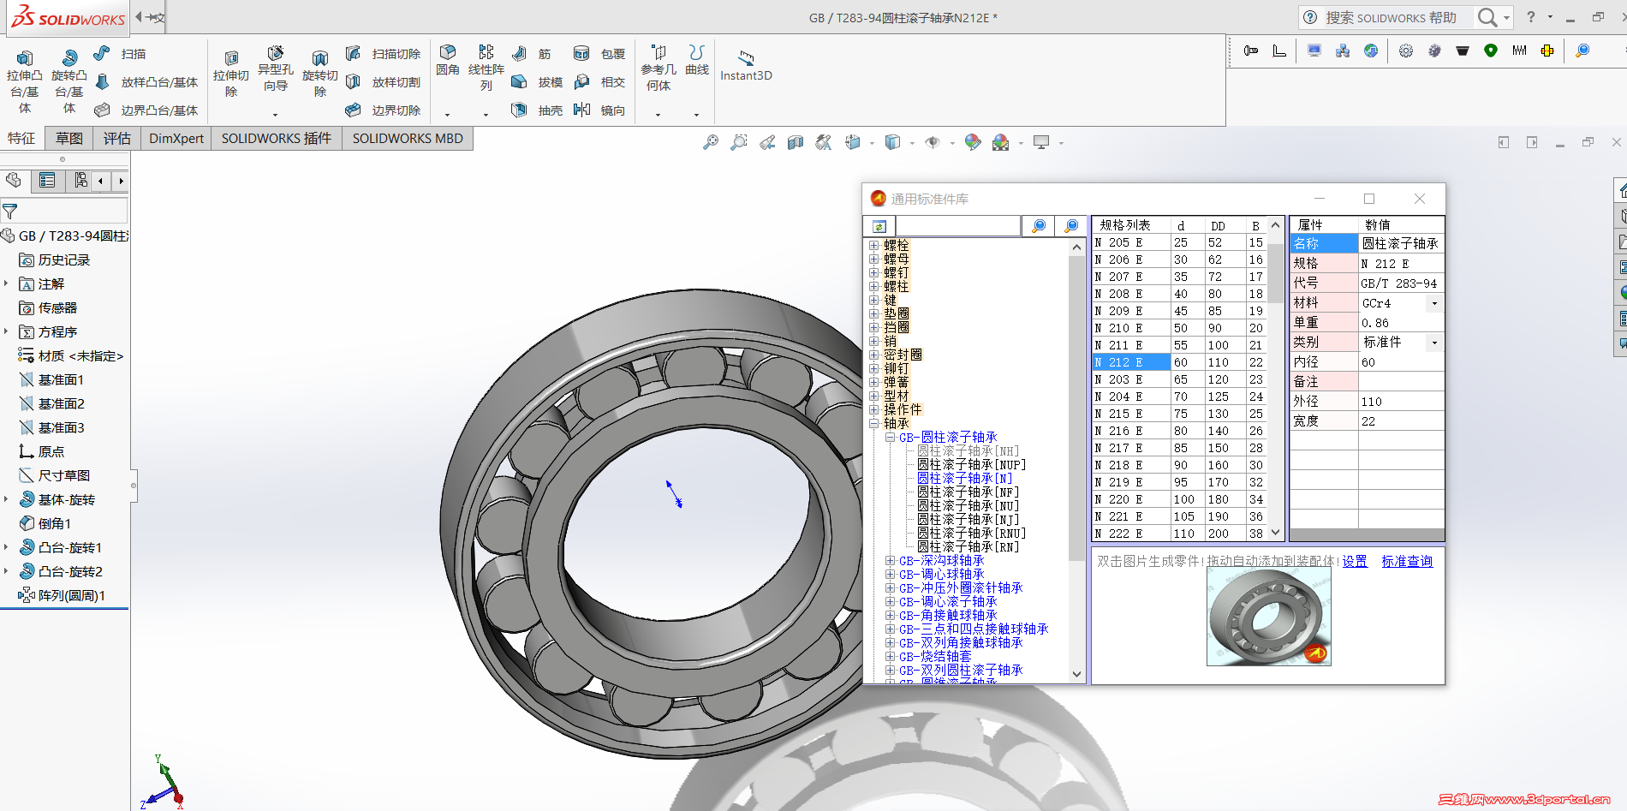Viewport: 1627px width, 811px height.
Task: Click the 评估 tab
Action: (116, 139)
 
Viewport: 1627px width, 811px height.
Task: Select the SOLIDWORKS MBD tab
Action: (408, 139)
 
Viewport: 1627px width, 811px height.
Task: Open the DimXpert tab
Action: (176, 139)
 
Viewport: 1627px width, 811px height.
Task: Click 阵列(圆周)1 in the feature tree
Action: (71, 595)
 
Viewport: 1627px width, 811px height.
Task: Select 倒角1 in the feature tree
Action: (54, 523)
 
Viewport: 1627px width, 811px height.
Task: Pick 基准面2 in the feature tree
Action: (61, 403)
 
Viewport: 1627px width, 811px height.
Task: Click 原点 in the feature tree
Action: (51, 451)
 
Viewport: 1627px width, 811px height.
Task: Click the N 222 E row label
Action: (1118, 534)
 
